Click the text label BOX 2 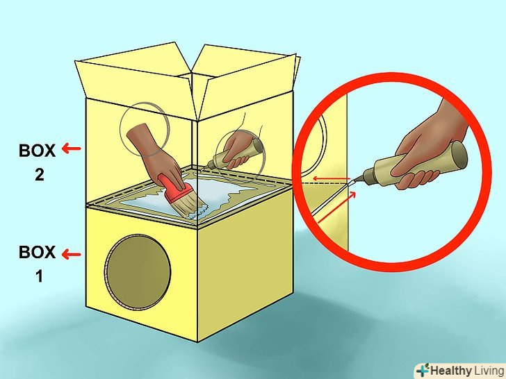tap(37, 162)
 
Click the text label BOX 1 tap(37, 264)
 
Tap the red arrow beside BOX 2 tap(71, 149)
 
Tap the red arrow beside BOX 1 tap(71, 254)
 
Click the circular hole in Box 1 tap(138, 272)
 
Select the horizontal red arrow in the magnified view tap(332, 178)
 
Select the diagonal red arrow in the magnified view tap(336, 207)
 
